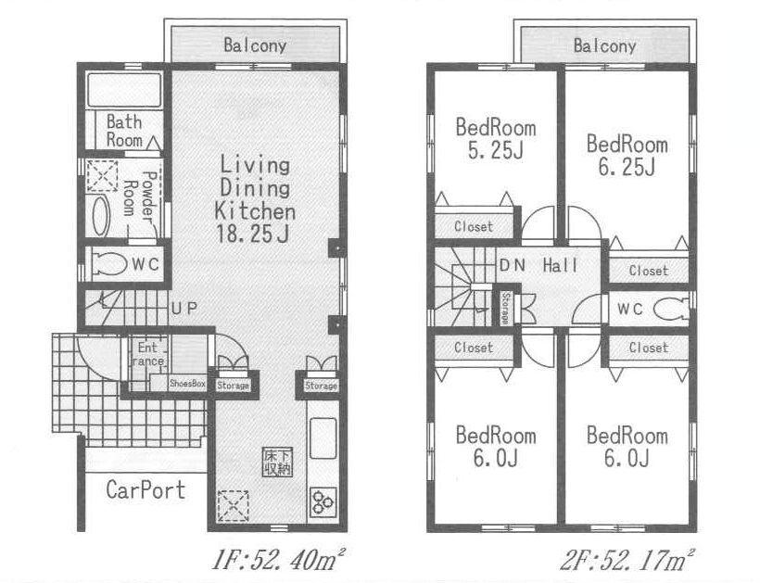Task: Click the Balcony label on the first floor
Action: point(254,44)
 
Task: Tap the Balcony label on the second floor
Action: point(604,45)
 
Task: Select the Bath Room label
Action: point(124,131)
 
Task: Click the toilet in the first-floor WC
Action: point(111,264)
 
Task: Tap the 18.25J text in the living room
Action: point(254,232)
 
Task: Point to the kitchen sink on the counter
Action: point(323,438)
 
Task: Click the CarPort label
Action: point(145,488)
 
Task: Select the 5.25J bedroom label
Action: point(495,152)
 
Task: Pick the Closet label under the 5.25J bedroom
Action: point(474,227)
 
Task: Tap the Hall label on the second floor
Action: point(560,266)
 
